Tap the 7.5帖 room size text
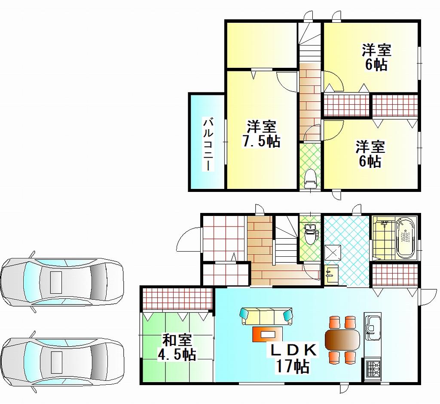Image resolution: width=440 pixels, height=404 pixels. pos(261,141)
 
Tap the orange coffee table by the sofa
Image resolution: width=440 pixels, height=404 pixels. pos(268,334)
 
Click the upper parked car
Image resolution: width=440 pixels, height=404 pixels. pos(62,282)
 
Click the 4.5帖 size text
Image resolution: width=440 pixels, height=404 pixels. pos(177,355)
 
